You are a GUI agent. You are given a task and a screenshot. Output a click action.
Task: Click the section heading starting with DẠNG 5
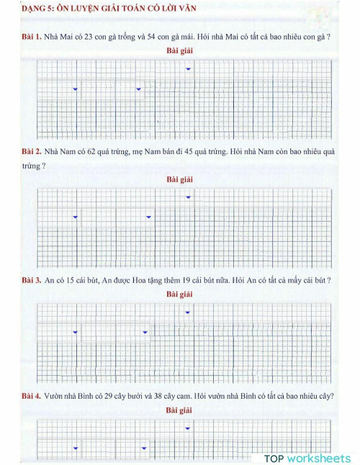point(114,9)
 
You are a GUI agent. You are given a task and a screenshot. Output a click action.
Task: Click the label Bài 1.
point(31,36)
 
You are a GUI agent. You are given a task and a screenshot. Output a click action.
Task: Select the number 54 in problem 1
point(152,36)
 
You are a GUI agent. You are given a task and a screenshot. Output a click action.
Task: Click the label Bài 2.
point(31,152)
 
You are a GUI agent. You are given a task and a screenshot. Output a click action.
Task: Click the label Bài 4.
point(31,396)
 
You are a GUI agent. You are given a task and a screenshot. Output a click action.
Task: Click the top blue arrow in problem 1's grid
point(188,69)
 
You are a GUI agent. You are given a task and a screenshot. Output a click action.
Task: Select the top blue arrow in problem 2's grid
point(188,197)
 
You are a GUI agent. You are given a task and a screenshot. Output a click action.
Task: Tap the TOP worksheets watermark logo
point(307,458)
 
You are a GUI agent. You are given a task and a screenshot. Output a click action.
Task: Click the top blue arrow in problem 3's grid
point(188,312)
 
